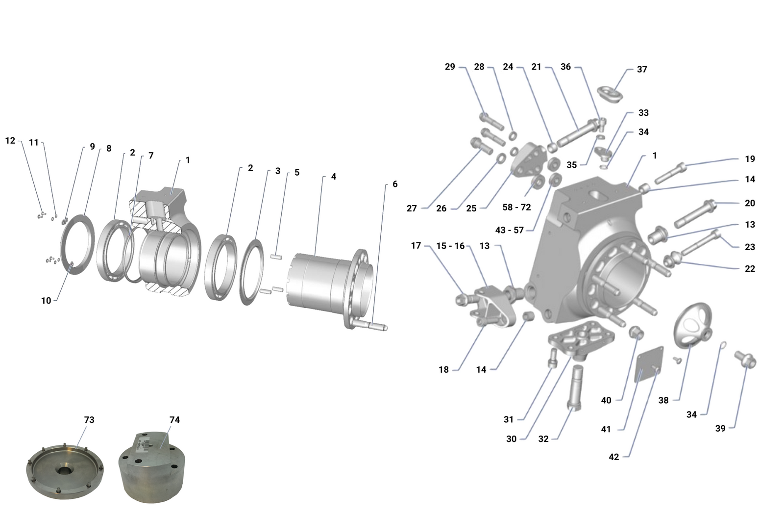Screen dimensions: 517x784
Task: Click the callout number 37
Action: pos(642,69)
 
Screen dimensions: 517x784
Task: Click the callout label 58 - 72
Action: pos(516,207)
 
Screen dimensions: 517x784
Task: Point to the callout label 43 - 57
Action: pos(510,230)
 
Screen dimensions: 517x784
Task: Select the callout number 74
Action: pos(174,420)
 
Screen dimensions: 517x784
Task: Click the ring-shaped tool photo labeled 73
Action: pos(65,471)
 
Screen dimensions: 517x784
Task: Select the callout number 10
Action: pos(46,301)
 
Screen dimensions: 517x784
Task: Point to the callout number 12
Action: pos(10,141)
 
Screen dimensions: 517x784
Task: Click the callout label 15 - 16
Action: pos(450,246)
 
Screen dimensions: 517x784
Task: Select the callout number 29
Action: pos(450,67)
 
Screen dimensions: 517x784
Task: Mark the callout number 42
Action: pos(614,457)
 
